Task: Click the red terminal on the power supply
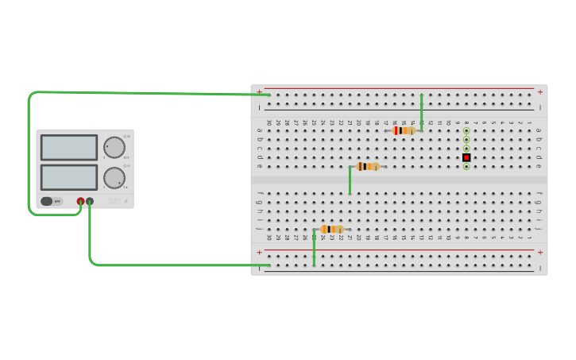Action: click(x=80, y=202)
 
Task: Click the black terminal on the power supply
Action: click(x=90, y=202)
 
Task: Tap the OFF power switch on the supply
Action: click(x=52, y=202)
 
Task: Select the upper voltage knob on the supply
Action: click(x=114, y=147)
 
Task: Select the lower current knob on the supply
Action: click(x=114, y=177)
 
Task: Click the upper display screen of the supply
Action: click(x=69, y=147)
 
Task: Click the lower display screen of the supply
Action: click(x=69, y=176)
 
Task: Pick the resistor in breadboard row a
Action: click(x=404, y=130)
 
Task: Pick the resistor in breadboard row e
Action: click(x=368, y=166)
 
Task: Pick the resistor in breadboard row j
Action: click(x=332, y=229)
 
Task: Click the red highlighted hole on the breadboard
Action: click(x=466, y=157)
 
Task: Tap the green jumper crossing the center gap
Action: click(x=350, y=180)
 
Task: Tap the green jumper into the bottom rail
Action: click(x=314, y=248)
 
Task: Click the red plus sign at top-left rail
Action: click(x=259, y=91)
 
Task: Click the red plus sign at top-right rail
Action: click(x=540, y=91)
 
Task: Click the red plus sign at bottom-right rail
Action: click(x=540, y=253)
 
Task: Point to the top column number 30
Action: click(x=269, y=122)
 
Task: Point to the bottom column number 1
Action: click(x=529, y=237)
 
